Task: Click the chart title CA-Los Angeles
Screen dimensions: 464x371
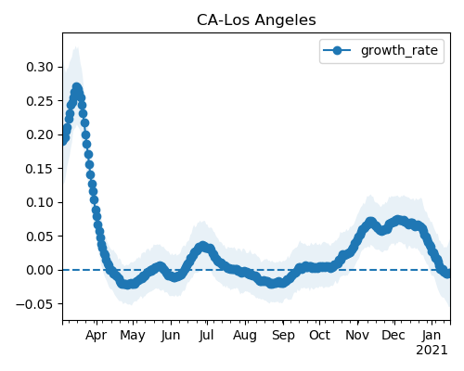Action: click(x=256, y=20)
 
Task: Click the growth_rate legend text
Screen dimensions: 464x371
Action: click(x=399, y=50)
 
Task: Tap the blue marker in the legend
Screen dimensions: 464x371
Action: click(x=337, y=50)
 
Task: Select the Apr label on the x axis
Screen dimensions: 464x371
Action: click(x=97, y=336)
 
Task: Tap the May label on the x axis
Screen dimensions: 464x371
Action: click(x=133, y=336)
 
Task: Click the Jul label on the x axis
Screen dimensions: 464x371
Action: click(x=207, y=335)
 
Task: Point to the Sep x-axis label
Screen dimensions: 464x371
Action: click(x=283, y=336)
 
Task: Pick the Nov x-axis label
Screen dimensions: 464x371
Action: click(x=357, y=335)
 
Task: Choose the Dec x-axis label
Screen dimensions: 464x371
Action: click(x=393, y=335)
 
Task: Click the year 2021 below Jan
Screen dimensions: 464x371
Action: click(x=432, y=351)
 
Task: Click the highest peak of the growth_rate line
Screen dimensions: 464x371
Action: click(x=77, y=87)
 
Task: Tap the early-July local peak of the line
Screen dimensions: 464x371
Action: click(x=203, y=246)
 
